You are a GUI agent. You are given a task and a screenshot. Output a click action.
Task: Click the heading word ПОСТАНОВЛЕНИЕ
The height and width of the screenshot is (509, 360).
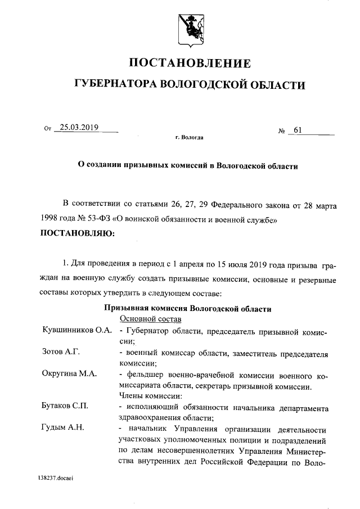click(191, 62)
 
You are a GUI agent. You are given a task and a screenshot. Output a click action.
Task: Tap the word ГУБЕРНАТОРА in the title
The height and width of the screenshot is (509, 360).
click(116, 85)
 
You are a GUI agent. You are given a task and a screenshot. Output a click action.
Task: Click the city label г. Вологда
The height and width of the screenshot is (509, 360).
click(190, 137)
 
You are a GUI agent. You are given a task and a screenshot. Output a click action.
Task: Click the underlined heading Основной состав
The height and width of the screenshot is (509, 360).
click(150, 319)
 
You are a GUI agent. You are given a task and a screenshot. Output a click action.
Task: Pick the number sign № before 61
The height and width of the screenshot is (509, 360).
click(282, 132)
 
